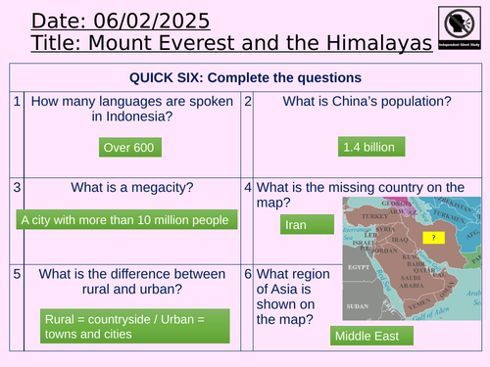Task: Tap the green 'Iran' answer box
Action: tap(296, 225)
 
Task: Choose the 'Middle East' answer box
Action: tap(367, 336)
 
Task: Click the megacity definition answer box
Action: tap(124, 220)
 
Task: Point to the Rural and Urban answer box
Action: tap(125, 325)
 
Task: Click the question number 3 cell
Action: tap(18, 186)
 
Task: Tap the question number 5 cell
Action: tap(18, 271)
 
